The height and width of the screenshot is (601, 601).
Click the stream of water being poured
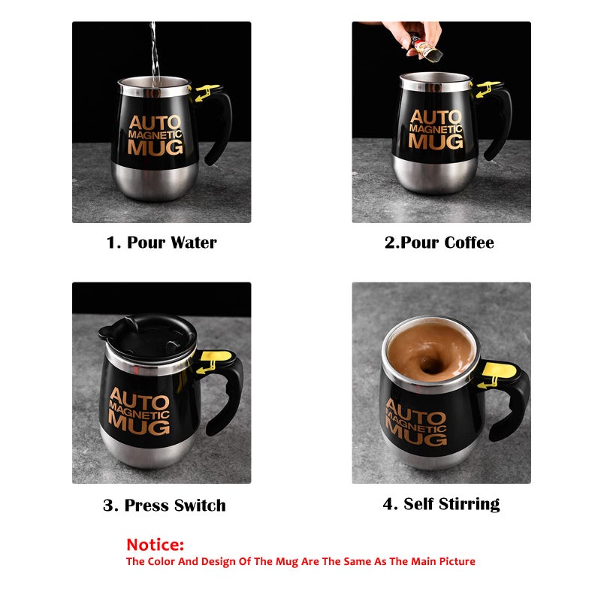(x=154, y=53)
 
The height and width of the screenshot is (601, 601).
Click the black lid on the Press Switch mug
(x=148, y=335)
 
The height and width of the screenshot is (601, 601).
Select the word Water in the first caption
(x=194, y=243)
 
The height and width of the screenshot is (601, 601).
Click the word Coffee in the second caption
(x=469, y=243)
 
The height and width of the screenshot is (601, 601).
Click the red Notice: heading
(x=156, y=545)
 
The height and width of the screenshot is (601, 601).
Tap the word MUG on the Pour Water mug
(x=156, y=147)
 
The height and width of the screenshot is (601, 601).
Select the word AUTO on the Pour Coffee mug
(x=436, y=117)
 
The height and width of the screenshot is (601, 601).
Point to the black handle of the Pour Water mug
(x=221, y=126)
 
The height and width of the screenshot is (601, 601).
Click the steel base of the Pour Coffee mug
(x=435, y=174)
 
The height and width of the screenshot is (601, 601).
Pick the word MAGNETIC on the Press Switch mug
(x=139, y=412)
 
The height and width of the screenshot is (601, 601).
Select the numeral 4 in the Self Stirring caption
(x=388, y=504)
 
